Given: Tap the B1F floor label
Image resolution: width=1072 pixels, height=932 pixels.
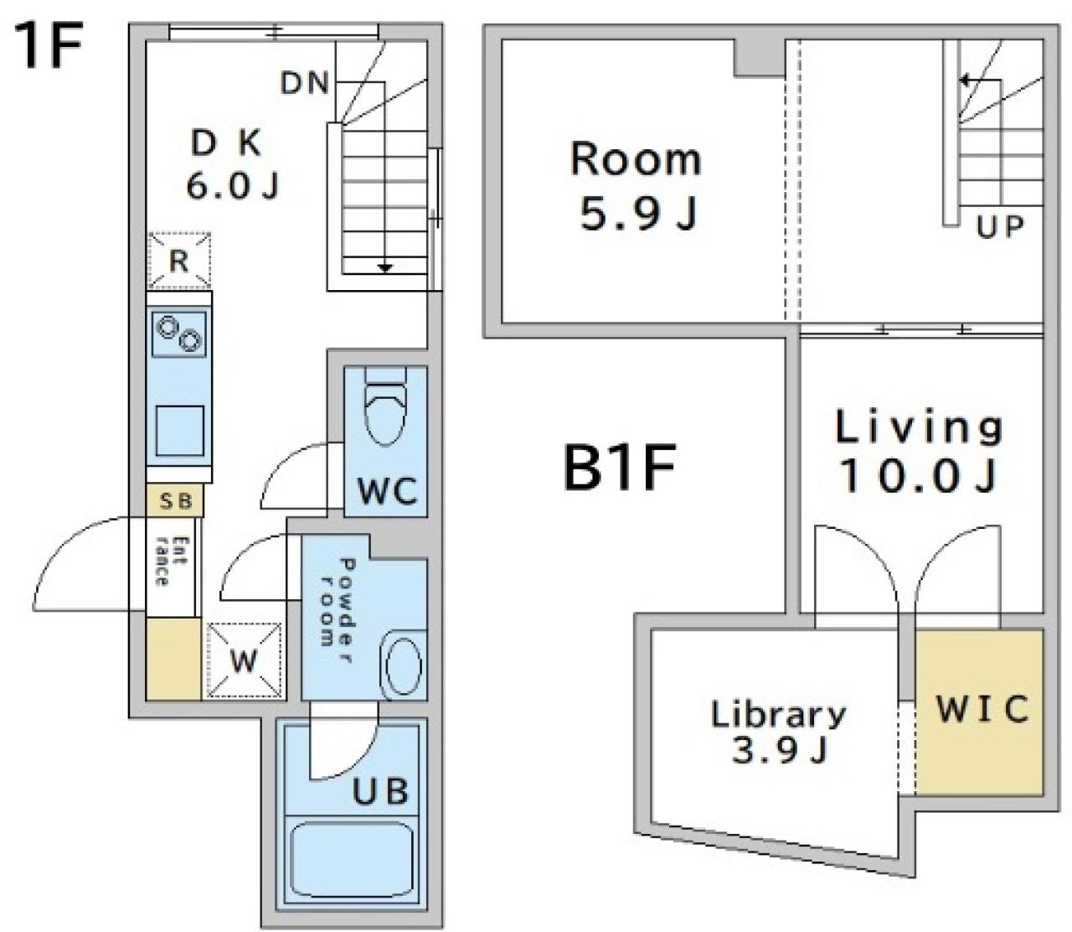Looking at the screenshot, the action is (619, 467).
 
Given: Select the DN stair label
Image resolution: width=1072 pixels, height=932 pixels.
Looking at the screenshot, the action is (304, 83).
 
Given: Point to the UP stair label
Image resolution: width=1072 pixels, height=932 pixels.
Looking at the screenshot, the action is (999, 227).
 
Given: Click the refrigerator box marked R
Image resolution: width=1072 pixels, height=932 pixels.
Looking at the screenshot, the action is (179, 261).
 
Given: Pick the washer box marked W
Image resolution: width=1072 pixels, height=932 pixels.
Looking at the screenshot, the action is (245, 660).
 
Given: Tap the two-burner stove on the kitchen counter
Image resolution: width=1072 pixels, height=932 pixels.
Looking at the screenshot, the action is (179, 334).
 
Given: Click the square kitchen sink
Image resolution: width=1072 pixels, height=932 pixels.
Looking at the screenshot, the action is (180, 430).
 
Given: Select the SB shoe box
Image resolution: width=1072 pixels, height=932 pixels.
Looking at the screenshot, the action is (175, 500).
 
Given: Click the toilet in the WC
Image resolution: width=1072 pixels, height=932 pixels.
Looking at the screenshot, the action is (385, 406).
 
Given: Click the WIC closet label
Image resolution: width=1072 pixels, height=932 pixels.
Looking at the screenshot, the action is (982, 709).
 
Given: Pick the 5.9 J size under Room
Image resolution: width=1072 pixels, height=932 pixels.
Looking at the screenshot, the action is (639, 214).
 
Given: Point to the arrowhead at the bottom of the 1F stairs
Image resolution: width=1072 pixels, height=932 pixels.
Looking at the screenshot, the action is (385, 268).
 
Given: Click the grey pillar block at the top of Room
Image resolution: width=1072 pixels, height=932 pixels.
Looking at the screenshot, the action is (759, 58).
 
